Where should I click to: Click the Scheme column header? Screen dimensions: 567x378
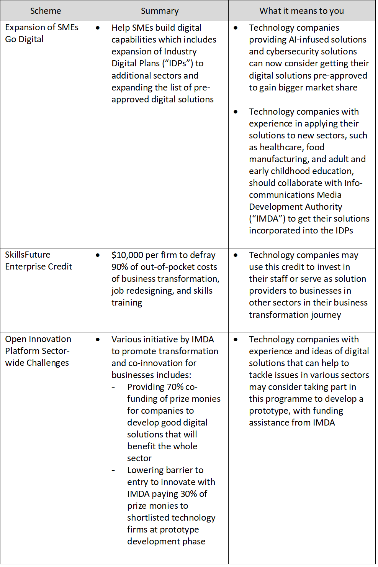[46, 11]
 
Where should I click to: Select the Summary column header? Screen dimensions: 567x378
[160, 11]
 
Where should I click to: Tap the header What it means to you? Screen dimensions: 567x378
[302, 11]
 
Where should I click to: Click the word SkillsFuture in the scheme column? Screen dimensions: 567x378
[28, 255]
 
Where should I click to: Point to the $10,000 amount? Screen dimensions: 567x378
[125, 255]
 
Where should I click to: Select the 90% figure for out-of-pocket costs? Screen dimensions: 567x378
[119, 267]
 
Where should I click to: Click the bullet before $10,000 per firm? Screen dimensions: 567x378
[98, 255]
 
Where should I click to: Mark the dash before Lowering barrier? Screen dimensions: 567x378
[113, 470]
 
